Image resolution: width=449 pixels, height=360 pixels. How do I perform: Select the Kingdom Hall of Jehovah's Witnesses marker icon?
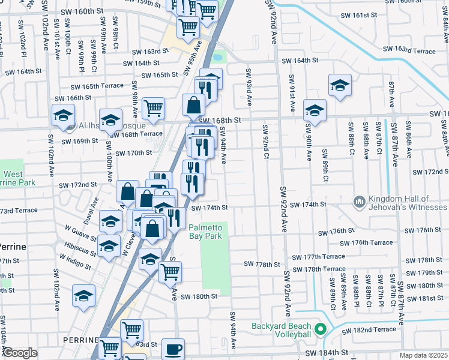pos(360,201)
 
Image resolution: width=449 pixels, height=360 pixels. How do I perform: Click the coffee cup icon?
pos(173,348)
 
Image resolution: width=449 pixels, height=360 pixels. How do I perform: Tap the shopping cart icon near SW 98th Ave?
pos(153,108)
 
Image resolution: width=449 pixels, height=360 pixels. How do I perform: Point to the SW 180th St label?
pos(198,296)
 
